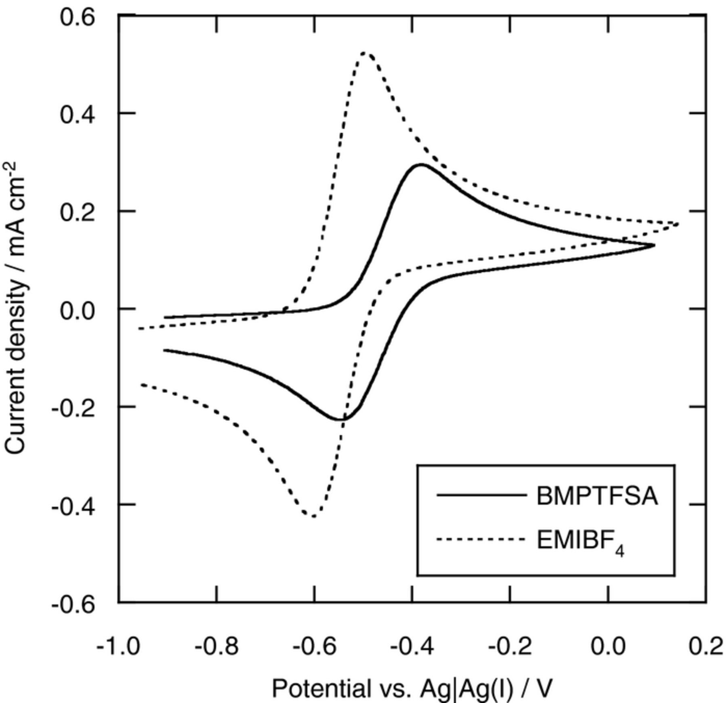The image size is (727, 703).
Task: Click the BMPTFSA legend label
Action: (597, 496)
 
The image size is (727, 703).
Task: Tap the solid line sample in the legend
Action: (481, 495)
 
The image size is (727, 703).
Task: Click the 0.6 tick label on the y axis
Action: (78, 18)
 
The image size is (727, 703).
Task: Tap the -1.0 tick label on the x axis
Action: (118, 646)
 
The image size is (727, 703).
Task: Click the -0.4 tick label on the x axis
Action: (412, 646)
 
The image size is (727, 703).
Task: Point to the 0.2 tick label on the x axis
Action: (706, 646)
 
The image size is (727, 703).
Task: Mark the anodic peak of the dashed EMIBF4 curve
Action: (365, 53)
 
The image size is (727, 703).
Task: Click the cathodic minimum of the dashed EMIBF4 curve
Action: (313, 516)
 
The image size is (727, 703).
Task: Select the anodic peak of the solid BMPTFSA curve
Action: (421, 164)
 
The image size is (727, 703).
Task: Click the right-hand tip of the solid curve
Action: (654, 245)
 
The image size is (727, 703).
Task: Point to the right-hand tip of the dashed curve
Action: (678, 224)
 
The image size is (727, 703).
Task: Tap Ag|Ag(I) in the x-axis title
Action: (466, 689)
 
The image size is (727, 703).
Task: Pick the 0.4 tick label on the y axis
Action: (78, 115)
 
